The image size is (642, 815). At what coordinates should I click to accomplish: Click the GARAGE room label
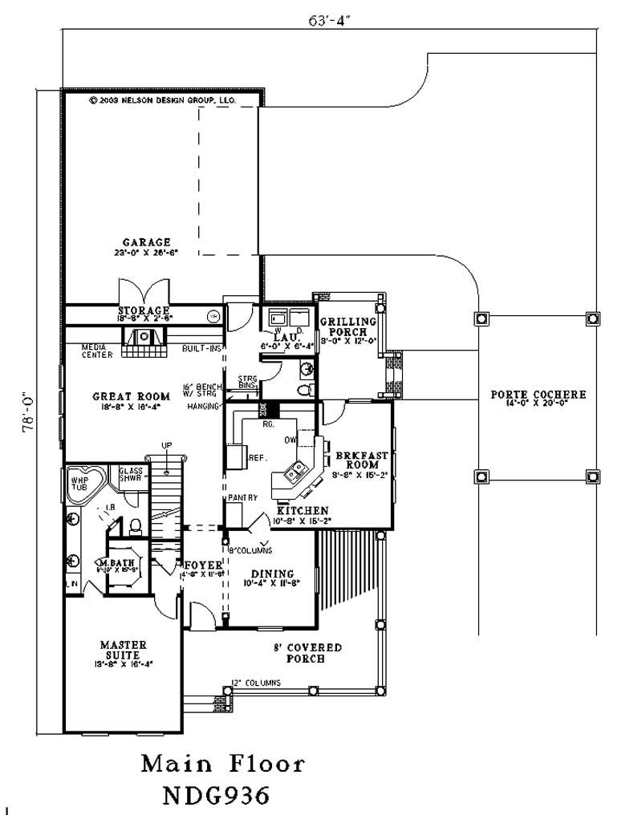coord(146,241)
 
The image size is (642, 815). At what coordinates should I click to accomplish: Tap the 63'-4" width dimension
coord(328,21)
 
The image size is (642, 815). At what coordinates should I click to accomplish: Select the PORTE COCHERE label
coord(538,395)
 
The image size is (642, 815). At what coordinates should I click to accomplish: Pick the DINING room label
coord(272,574)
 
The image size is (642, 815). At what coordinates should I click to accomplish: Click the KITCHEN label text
coord(302,510)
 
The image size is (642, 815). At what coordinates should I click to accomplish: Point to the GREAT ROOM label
coord(131,396)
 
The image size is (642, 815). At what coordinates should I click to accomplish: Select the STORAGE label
coord(144,310)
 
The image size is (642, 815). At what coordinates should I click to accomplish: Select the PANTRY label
coord(242,497)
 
